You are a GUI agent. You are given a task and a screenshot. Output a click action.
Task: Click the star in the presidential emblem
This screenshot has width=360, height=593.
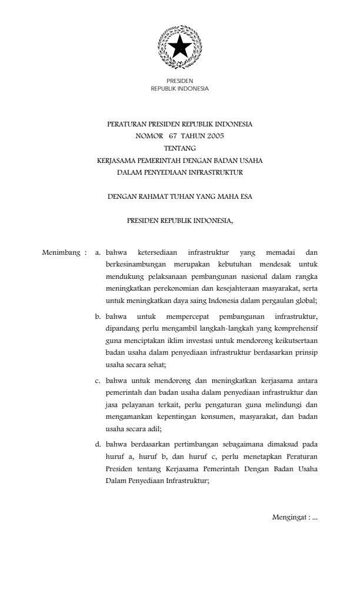click(179, 45)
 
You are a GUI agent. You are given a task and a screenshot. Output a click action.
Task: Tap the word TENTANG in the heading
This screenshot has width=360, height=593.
click(179, 148)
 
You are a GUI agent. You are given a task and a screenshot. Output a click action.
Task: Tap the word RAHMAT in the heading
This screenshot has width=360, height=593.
click(154, 197)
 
